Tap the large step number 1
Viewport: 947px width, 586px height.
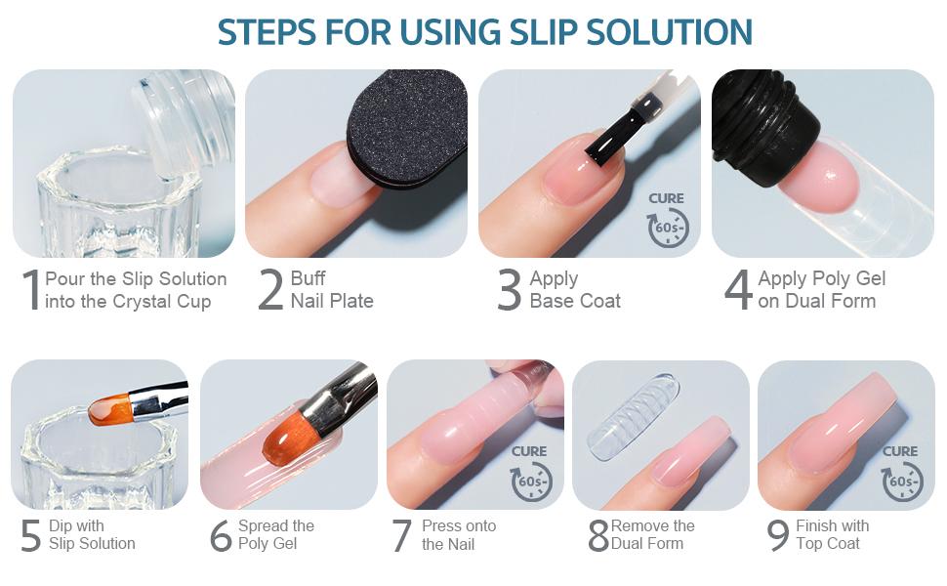tap(30, 290)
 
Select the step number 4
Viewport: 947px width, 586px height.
tap(738, 290)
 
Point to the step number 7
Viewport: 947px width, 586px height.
tap(402, 536)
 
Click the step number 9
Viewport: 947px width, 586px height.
tap(778, 536)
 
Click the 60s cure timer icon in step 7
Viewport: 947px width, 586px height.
tap(531, 481)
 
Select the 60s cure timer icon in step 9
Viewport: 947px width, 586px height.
tap(901, 481)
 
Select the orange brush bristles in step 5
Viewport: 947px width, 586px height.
tap(109, 408)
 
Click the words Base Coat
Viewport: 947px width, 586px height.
tap(575, 301)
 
